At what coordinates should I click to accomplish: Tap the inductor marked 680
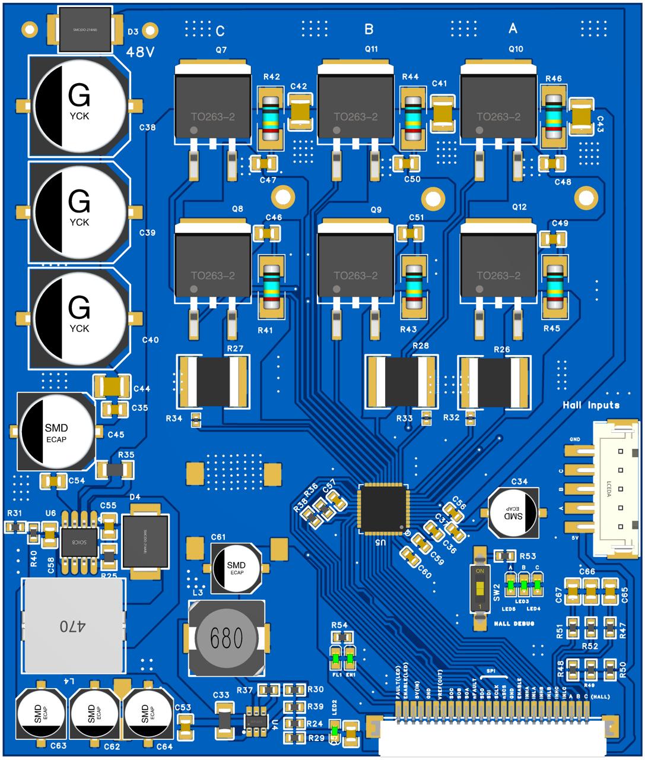[226, 638]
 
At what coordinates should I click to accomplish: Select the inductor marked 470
[74, 626]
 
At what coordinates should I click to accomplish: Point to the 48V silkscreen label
[140, 52]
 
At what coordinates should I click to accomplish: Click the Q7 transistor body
[212, 107]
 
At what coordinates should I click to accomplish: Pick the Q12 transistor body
[498, 265]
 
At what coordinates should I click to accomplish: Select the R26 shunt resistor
[493, 381]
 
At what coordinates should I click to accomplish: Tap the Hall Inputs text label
[590, 406]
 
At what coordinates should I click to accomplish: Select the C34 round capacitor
[514, 510]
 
